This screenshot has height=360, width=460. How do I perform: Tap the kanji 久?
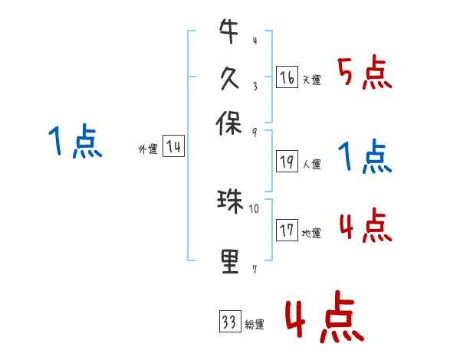(229, 78)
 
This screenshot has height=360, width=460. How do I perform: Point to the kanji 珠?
(229, 201)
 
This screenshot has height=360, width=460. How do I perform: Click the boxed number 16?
(287, 77)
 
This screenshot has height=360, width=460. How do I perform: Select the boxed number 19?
(287, 161)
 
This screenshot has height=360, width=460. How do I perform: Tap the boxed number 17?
(287, 230)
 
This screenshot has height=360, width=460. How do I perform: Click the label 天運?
(311, 80)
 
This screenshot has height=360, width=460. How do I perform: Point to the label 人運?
(311, 164)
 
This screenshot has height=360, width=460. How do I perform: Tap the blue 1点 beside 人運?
(365, 158)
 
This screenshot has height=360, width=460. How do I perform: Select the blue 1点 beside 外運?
(74, 142)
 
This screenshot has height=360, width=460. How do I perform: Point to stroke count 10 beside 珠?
(255, 208)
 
